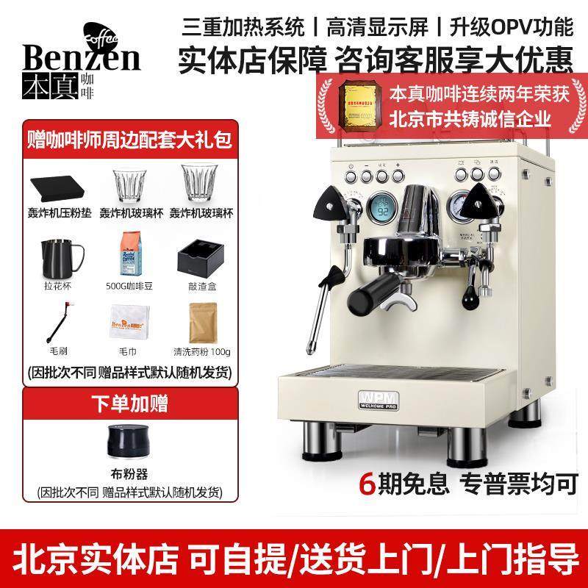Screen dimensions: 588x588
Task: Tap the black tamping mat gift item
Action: coord(58,182)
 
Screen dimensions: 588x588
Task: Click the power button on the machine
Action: coord(351,176)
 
